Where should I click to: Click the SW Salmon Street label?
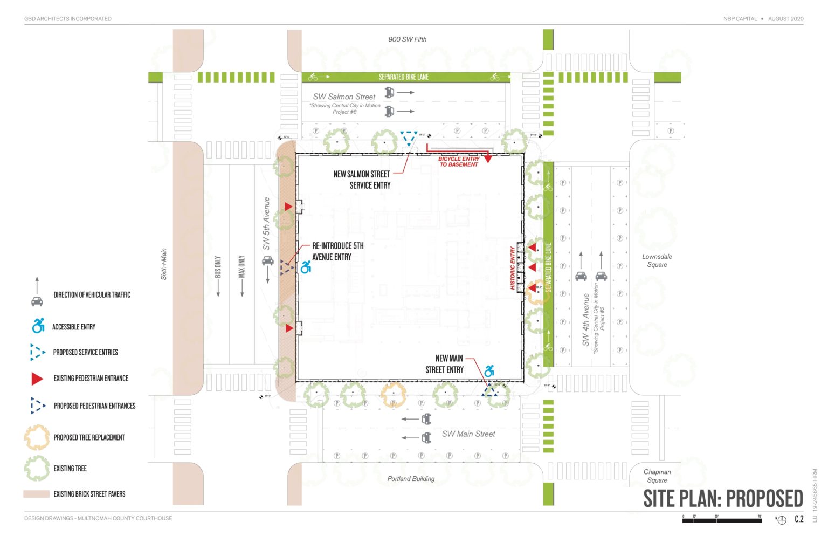click(x=344, y=97)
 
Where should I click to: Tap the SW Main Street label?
click(x=468, y=434)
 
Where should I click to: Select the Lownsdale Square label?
click(x=657, y=260)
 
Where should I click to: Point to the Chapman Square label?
click(x=657, y=476)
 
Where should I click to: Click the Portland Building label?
click(x=411, y=478)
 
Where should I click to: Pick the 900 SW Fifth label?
click(x=407, y=39)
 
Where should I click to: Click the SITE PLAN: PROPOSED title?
click(x=723, y=498)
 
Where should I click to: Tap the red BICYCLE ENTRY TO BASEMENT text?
click(x=458, y=162)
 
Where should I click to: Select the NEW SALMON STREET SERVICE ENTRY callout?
click(x=362, y=180)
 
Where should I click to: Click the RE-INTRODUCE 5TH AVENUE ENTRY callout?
click(x=338, y=251)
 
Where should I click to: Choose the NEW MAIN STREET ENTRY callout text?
click(x=444, y=364)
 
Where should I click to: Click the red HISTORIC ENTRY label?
click(x=513, y=268)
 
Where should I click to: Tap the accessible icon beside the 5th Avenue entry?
click(x=306, y=267)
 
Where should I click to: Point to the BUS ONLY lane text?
click(x=218, y=267)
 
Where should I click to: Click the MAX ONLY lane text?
click(x=241, y=267)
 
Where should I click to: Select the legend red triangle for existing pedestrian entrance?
click(x=37, y=379)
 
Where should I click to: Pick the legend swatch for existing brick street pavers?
click(x=37, y=494)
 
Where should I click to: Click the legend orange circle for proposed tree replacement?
click(x=37, y=437)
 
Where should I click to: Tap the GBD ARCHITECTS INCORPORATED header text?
click(x=68, y=19)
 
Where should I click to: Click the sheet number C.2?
click(x=799, y=519)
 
